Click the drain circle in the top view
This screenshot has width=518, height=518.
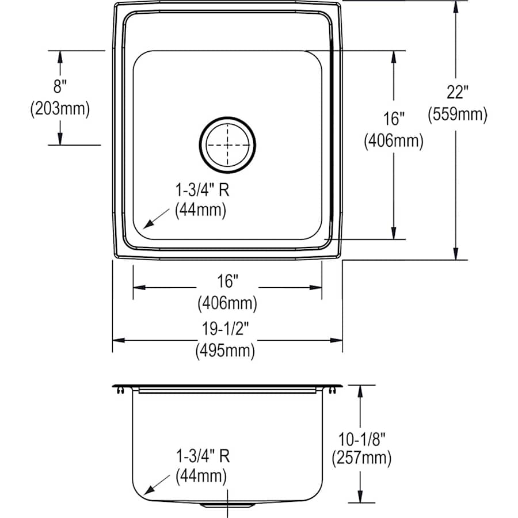click(228, 144)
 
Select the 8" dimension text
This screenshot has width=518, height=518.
click(60, 87)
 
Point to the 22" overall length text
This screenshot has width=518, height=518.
click(457, 93)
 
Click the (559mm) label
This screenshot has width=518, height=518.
click(457, 115)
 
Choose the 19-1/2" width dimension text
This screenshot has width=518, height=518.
click(228, 328)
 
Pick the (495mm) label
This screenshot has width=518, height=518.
click(228, 350)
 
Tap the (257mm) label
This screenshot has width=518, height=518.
click(361, 459)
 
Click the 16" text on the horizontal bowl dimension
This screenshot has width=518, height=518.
click(228, 281)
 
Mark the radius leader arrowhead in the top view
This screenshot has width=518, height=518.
click(146, 226)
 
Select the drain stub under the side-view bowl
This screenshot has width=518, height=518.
click(228, 505)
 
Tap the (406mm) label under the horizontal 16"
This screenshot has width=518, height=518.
click(228, 302)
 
